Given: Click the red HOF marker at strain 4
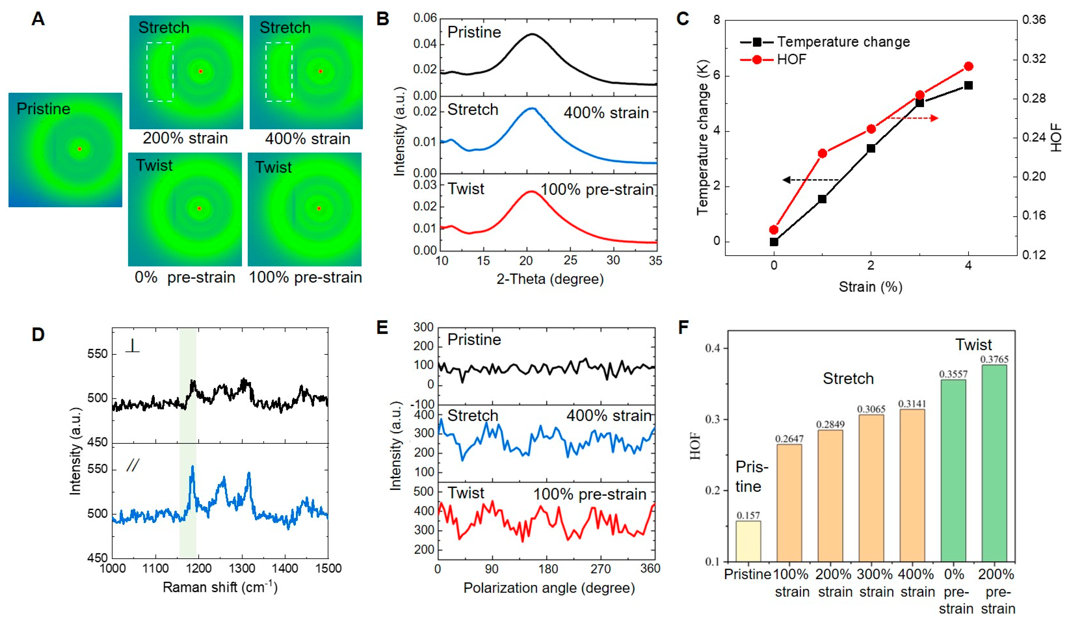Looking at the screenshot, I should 969,66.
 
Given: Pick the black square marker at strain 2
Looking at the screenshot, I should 871,148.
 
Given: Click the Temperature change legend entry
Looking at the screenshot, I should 824,42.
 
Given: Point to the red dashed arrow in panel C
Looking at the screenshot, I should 913,118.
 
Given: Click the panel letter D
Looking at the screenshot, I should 38,335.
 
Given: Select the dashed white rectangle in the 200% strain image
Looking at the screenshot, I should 160,72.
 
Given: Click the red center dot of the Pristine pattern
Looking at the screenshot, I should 79,149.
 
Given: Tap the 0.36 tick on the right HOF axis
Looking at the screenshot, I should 1033,20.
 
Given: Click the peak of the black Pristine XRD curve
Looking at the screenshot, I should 532,34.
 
